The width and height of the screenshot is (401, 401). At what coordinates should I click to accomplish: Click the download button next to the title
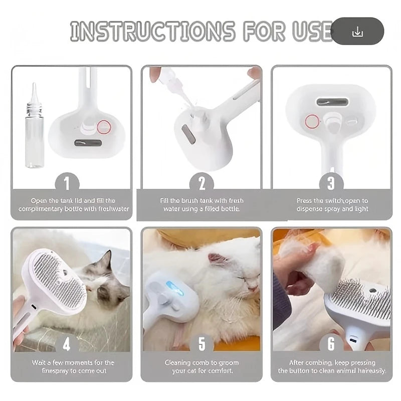pyautogui.click(x=357, y=32)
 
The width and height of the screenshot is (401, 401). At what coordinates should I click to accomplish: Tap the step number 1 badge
pyautogui.click(x=70, y=183)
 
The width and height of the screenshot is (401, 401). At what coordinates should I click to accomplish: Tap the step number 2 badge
pyautogui.click(x=202, y=183)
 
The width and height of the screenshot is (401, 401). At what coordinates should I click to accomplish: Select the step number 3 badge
pyautogui.click(x=331, y=183)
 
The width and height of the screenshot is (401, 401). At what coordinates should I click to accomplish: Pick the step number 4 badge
pyautogui.click(x=67, y=343)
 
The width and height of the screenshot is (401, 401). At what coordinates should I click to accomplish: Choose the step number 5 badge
pyautogui.click(x=202, y=343)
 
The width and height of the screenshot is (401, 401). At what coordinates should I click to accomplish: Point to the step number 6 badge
pyautogui.click(x=331, y=343)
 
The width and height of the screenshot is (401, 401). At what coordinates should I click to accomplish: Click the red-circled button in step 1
pyautogui.click(x=104, y=127)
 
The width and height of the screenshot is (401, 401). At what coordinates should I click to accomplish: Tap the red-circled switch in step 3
pyautogui.click(x=312, y=121)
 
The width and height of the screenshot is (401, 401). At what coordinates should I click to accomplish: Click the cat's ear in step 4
pyautogui.click(x=106, y=261)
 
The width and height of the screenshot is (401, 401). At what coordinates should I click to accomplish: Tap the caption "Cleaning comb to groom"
pyautogui.click(x=202, y=362)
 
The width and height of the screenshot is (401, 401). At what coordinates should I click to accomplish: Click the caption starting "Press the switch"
pyautogui.click(x=332, y=200)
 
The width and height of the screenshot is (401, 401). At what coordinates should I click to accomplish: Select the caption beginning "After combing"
pyautogui.click(x=331, y=362)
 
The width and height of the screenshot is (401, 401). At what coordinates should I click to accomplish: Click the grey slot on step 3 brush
pyautogui.click(x=332, y=102)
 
